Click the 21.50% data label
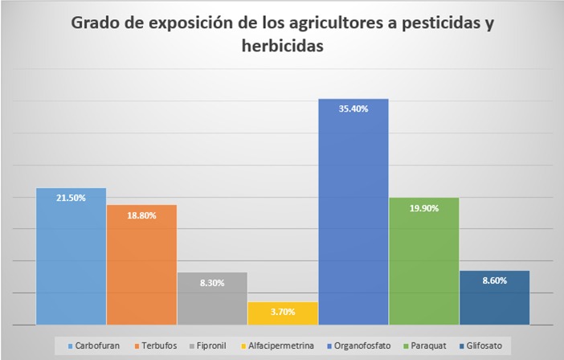pyautogui.click(x=71, y=198)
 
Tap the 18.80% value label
pyautogui.click(x=141, y=215)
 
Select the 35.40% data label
pyautogui.click(x=354, y=108)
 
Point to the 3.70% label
pyautogui.click(x=283, y=312)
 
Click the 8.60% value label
pyautogui.click(x=494, y=281)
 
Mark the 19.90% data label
pyautogui.click(x=424, y=208)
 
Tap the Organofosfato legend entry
pyautogui.click(x=358, y=346)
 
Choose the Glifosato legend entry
pyautogui.click(x=484, y=346)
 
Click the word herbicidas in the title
pyautogui.click(x=282, y=47)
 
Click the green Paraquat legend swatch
pyautogui.click(x=407, y=346)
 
